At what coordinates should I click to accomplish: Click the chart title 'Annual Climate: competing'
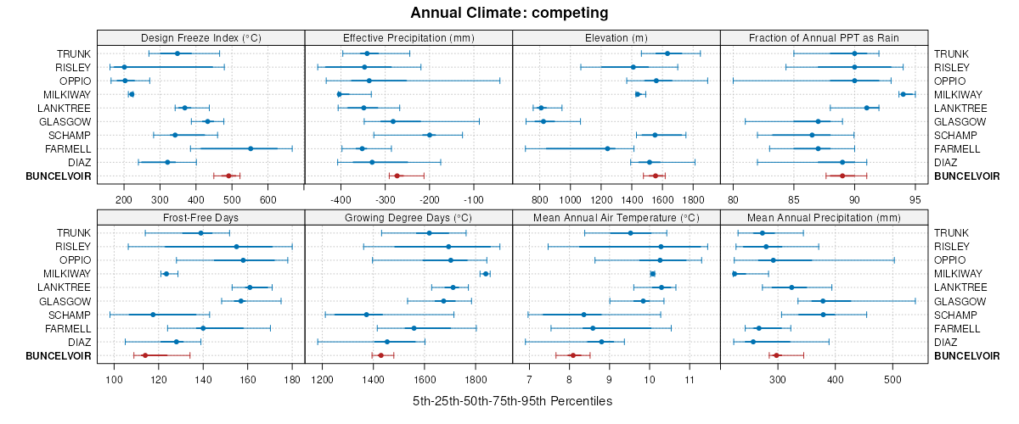tap(509, 13)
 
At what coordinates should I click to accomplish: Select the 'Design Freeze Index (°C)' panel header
tap(200, 37)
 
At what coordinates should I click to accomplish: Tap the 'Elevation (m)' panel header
tap(616, 37)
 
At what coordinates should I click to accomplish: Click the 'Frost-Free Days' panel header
tap(200, 217)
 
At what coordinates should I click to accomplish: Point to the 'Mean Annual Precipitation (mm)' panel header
tap(824, 217)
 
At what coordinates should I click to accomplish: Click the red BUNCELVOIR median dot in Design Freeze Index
tap(228, 176)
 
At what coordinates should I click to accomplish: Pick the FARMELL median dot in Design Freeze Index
tap(251, 148)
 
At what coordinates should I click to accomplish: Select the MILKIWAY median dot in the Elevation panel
tap(638, 94)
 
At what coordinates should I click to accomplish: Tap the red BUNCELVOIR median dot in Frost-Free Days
tap(144, 355)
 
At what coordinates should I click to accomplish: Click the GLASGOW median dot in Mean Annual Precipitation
tap(823, 301)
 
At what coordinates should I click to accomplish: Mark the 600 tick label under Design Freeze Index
tap(268, 199)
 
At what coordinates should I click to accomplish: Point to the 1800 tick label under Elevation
tap(694, 199)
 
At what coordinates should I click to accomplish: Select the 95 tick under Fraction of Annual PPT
tap(915, 199)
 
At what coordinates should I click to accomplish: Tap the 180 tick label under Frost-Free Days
tap(292, 379)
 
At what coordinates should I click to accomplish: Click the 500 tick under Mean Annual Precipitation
tap(892, 379)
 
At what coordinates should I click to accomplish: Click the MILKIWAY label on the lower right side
tap(958, 274)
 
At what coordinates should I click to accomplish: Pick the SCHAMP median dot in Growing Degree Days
tap(367, 315)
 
